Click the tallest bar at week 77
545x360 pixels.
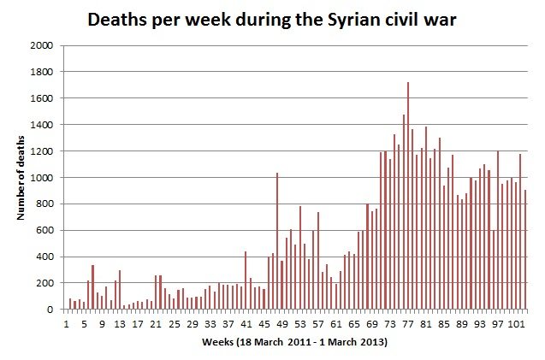pos(408,197)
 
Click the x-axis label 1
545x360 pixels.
pos(66,323)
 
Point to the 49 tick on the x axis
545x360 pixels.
pos(281,323)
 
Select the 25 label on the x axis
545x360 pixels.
pos(174,323)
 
